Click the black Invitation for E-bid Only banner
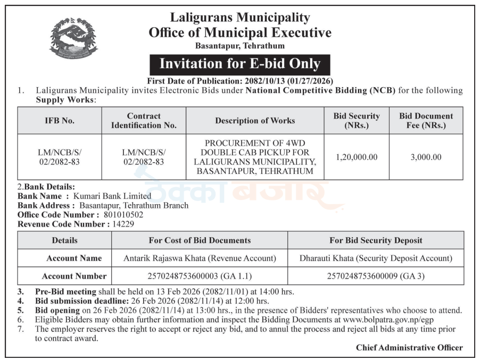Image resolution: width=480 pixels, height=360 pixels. click(x=240, y=64)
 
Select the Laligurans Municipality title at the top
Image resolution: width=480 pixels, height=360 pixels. click(x=240, y=18)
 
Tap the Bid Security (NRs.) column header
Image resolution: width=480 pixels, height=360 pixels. click(x=357, y=121)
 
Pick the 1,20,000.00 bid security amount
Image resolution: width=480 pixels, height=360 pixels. click(x=357, y=157)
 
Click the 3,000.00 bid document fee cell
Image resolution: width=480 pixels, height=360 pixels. click(x=426, y=157)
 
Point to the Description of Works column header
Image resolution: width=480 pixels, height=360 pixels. click(x=255, y=121)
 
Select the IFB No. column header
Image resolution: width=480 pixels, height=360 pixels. click(x=60, y=121)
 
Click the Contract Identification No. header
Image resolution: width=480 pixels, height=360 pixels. click(x=144, y=121)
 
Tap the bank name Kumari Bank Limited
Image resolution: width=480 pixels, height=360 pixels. click(x=112, y=196)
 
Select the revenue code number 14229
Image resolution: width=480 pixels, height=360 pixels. click(x=124, y=224)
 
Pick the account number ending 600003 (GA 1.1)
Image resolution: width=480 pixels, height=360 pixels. click(x=200, y=276)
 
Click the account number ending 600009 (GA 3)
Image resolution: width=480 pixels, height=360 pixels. click(x=375, y=276)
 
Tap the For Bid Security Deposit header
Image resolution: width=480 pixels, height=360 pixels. click(x=375, y=240)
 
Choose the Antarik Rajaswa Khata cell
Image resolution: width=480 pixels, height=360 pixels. click(x=200, y=258)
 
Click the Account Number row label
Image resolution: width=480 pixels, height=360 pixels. click(x=74, y=276)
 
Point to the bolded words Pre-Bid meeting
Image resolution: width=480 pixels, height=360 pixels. click(x=65, y=291)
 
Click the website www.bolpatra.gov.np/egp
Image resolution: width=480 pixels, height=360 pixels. click(x=389, y=320)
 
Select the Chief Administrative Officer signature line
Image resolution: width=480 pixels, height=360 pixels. click(x=409, y=348)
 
